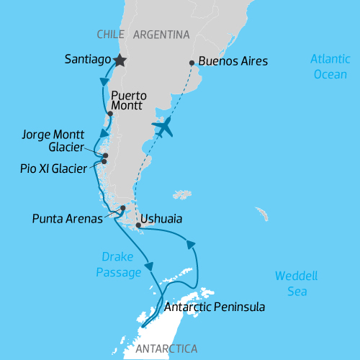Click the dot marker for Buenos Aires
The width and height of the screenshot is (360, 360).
(191, 63)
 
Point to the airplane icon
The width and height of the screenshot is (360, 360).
(164, 128)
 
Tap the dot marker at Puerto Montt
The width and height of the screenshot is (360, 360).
(109, 114)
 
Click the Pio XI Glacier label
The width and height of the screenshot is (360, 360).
(54, 168)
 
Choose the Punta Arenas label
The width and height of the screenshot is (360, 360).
(66, 218)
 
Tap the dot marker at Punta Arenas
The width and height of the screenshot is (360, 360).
(123, 209)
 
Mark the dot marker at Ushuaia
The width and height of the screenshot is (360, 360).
(138, 225)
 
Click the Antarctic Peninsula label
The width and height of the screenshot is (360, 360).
(215, 307)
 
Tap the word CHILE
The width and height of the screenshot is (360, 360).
(110, 35)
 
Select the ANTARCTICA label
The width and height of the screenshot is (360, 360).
(166, 349)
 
